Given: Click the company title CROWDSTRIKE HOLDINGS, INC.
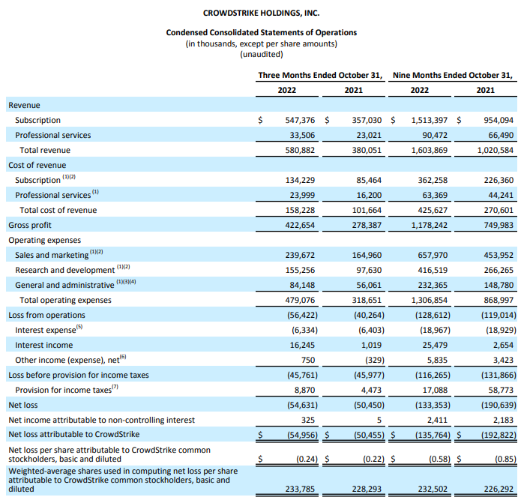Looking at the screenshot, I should click(261, 13).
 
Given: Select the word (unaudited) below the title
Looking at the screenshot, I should click(261, 54).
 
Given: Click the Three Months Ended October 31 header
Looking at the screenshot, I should click(320, 75).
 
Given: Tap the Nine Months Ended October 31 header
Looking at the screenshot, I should click(453, 75).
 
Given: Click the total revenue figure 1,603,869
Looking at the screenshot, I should click(429, 150).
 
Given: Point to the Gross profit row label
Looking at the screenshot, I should click(31, 225).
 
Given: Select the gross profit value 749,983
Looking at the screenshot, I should click(496, 225).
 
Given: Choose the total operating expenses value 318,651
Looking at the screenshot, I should click(364, 300).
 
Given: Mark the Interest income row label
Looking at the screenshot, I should click(44, 345).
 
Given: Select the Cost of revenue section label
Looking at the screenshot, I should click(37, 165).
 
